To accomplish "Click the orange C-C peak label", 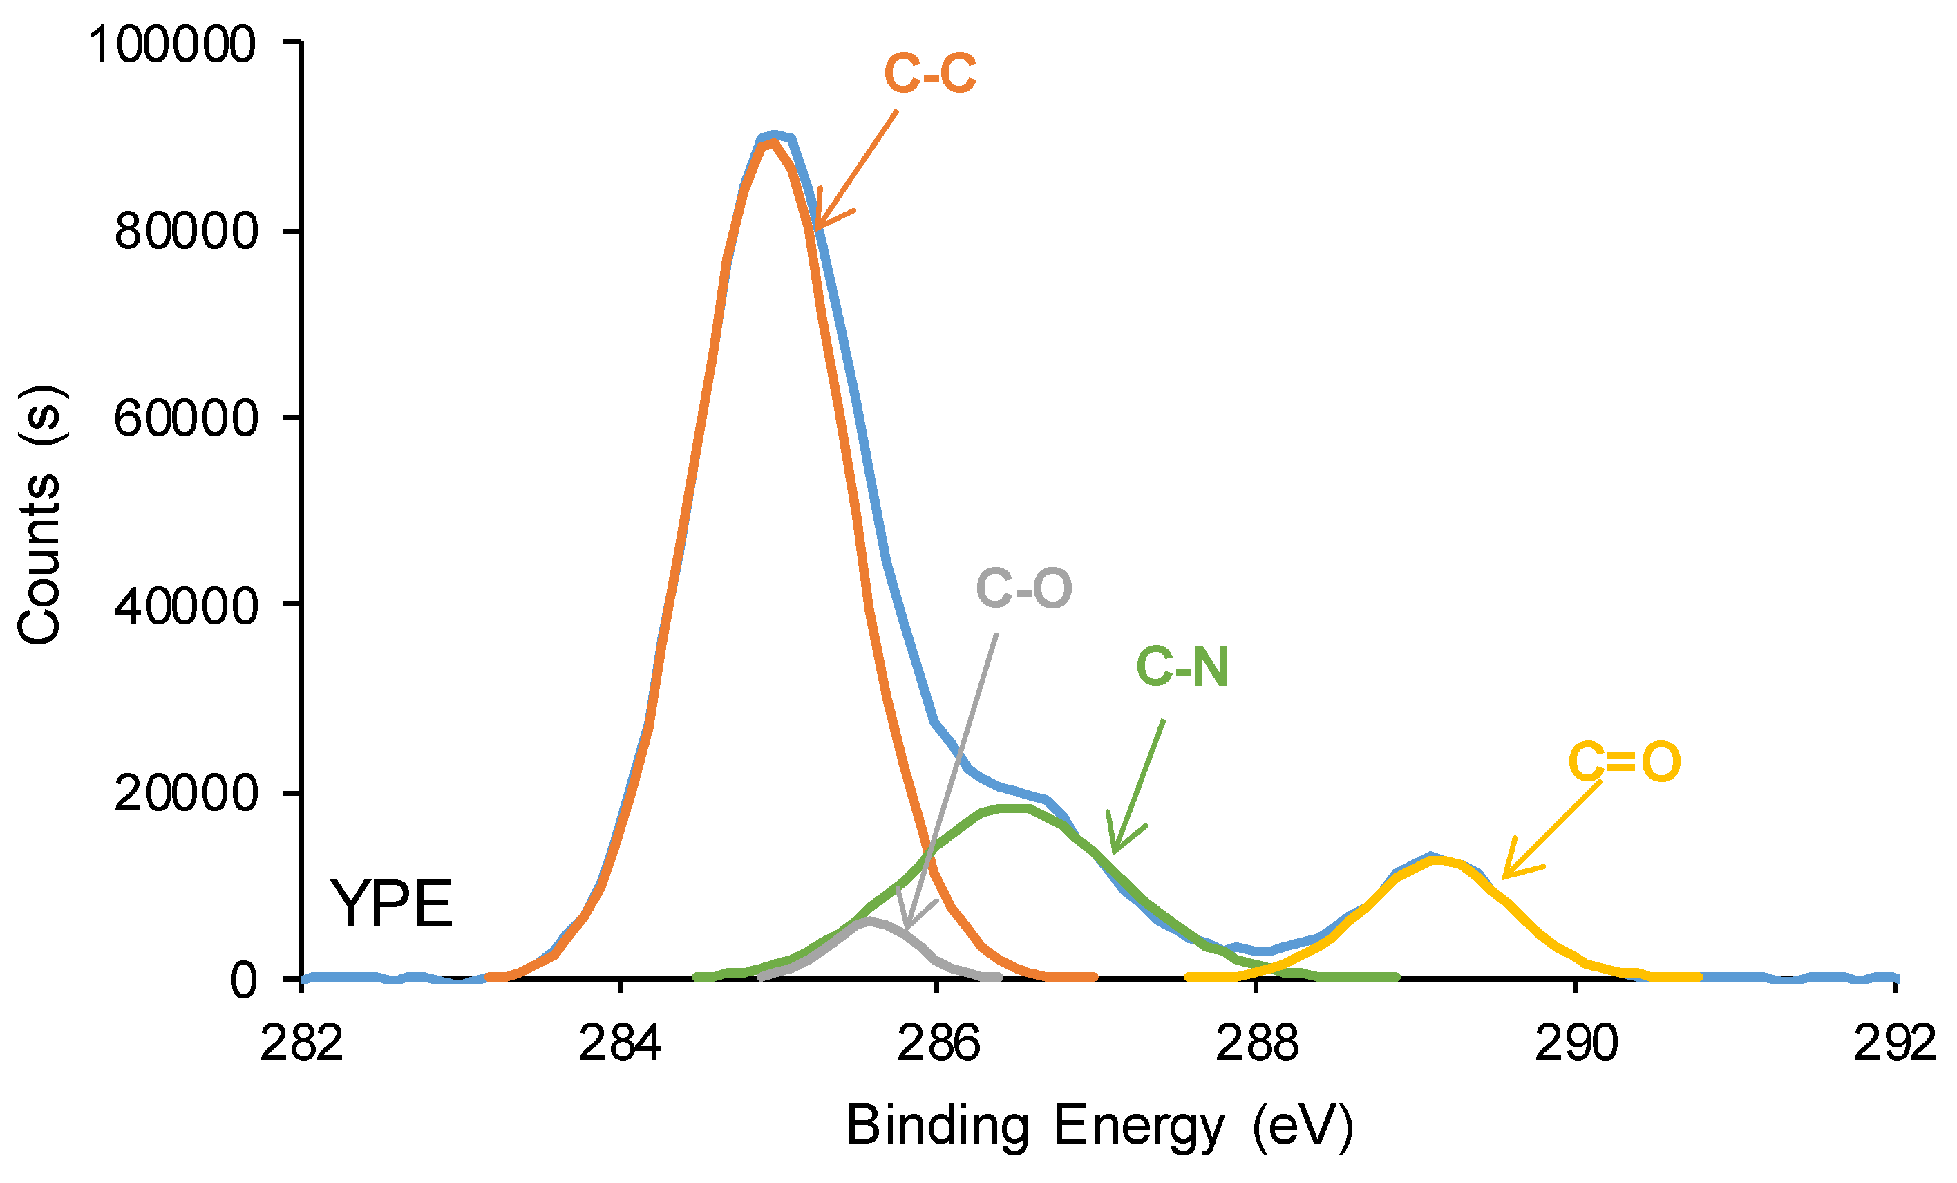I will click(x=929, y=74).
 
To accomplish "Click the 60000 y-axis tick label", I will click(x=187, y=418).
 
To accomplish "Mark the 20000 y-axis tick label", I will click(x=187, y=793).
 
